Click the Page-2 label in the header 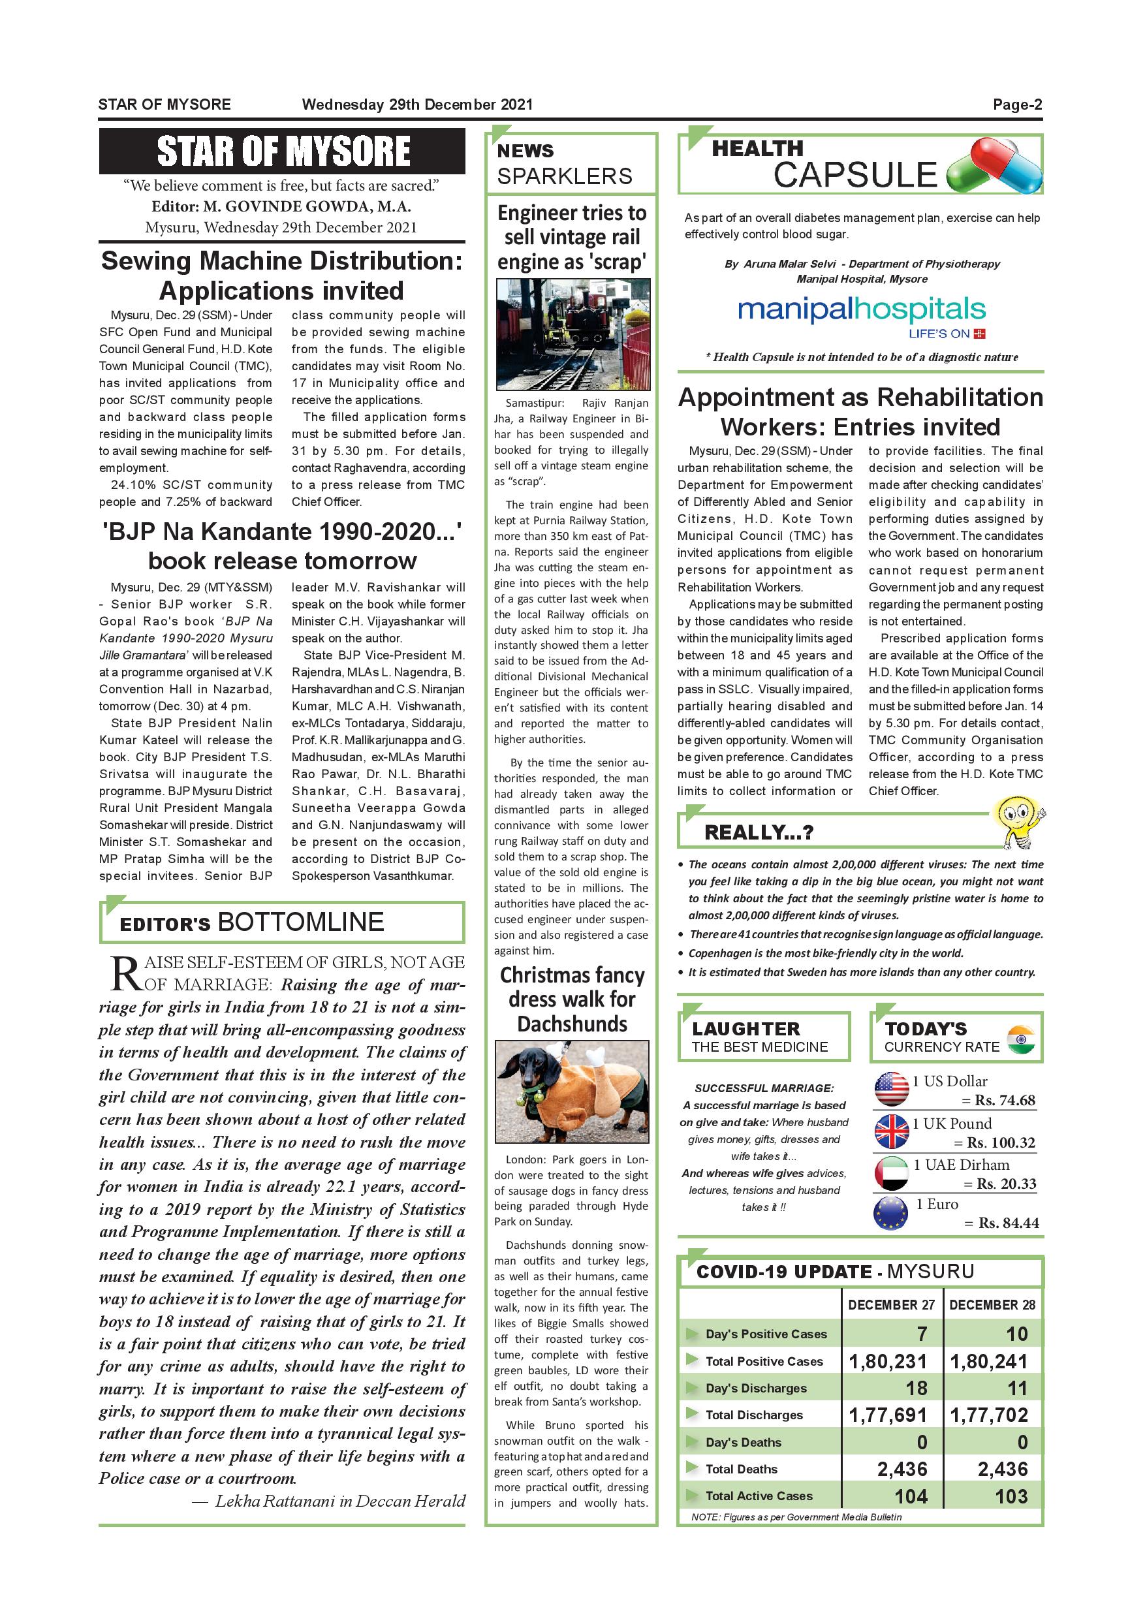1016,105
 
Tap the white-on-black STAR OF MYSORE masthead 283,151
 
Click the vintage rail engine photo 572,334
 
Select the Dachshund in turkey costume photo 572,1091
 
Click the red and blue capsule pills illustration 995,166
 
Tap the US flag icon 891,1089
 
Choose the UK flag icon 891,1131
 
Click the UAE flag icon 891,1172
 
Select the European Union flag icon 891,1214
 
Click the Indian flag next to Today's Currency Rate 1021,1039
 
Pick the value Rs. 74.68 1005,1100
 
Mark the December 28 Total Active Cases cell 1011,1496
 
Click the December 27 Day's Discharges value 916,1388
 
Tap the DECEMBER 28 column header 992,1304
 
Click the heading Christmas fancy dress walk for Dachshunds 572,999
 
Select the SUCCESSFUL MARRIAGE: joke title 764,1088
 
